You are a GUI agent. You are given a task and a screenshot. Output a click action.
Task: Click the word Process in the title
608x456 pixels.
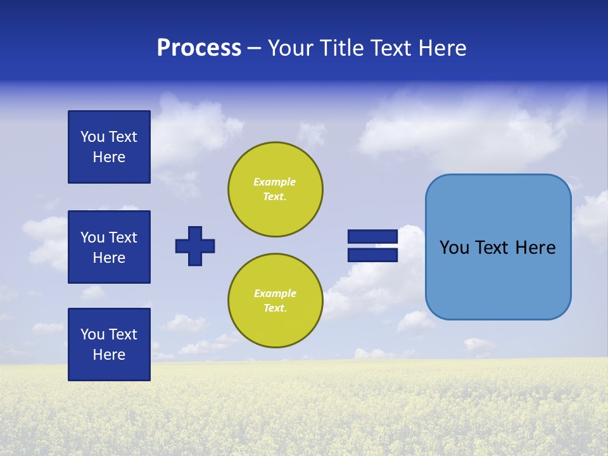(x=199, y=48)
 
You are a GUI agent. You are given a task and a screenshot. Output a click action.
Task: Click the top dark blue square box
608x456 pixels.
(x=109, y=147)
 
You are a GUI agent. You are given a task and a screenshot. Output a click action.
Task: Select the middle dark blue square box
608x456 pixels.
(x=109, y=247)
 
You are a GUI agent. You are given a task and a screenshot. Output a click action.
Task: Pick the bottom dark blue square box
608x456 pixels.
(x=109, y=345)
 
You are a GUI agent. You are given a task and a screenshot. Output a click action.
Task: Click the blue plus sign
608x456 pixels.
(x=195, y=246)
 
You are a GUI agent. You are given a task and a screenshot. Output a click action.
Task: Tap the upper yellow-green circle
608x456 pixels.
(x=275, y=189)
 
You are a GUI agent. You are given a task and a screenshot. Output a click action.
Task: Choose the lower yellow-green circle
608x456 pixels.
(x=275, y=301)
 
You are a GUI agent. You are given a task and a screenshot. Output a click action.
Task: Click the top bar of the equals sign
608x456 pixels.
(x=372, y=237)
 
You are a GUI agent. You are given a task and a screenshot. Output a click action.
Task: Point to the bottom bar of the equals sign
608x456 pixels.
(x=372, y=255)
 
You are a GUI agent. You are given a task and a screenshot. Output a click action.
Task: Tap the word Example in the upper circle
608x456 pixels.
(x=275, y=182)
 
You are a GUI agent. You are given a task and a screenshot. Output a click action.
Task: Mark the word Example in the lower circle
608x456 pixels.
(x=275, y=293)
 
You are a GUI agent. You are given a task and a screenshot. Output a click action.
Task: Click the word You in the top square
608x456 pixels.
(x=92, y=137)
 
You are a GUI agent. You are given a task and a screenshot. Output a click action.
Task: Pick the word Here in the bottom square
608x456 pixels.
(x=109, y=355)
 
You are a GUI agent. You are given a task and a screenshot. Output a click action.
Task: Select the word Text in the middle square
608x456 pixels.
(x=123, y=237)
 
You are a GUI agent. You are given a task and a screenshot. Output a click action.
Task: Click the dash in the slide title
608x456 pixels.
(x=254, y=48)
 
